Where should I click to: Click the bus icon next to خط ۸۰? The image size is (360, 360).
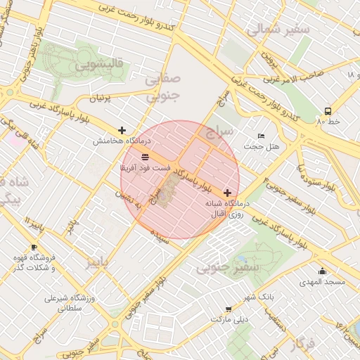pyautogui.click(x=328, y=111)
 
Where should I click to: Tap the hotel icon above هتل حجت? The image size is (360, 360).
pyautogui.click(x=262, y=136)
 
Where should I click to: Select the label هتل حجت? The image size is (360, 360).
pyautogui.click(x=262, y=146)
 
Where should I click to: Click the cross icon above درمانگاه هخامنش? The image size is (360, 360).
pyautogui.click(x=122, y=130)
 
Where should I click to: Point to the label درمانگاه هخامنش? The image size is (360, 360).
pyautogui.click(x=122, y=141)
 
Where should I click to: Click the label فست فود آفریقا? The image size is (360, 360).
pyautogui.click(x=146, y=168)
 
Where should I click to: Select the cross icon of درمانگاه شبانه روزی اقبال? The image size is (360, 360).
pyautogui.click(x=227, y=193)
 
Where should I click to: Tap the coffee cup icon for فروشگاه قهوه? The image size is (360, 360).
pyautogui.click(x=34, y=247)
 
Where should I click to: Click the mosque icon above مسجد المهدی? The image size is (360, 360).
pyautogui.click(x=322, y=271)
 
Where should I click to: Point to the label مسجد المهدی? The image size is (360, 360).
pyautogui.click(x=322, y=282)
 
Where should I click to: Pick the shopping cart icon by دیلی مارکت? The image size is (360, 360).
pyautogui.click(x=229, y=309)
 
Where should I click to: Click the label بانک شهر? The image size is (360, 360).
pyautogui.click(x=259, y=297)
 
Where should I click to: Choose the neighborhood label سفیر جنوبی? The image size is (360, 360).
pyautogui.click(x=229, y=267)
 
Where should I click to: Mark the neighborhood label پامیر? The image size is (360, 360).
pyautogui.click(x=98, y=262)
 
